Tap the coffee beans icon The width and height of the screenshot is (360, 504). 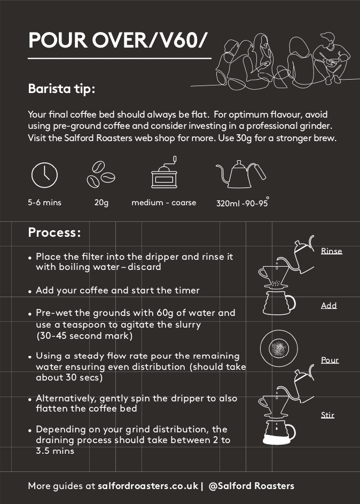[101, 175]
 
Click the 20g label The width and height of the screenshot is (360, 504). [101, 203]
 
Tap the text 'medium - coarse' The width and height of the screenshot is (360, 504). [164, 203]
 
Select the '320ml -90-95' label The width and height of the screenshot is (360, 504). [242, 203]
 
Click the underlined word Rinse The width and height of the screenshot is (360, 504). [331, 251]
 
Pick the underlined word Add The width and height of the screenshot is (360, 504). [329, 305]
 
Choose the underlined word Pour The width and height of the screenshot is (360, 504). [330, 360]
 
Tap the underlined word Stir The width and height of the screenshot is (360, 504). [327, 415]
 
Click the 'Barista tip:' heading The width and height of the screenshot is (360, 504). [61, 89]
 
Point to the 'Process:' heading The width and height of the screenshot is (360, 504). [54, 232]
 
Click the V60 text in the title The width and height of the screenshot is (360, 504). [178, 40]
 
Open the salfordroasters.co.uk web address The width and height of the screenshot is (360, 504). [148, 486]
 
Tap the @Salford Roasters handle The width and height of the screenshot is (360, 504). [252, 486]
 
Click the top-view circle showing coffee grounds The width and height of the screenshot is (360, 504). [279, 348]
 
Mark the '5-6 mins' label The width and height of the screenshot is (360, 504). [45, 203]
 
